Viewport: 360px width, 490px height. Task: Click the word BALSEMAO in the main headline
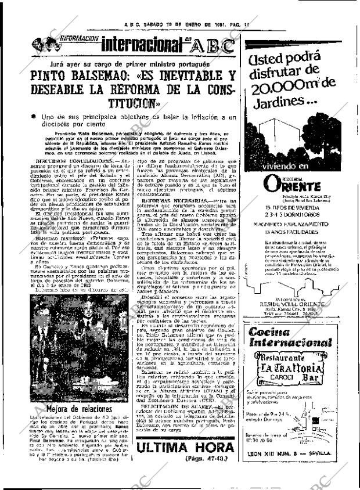click(108, 76)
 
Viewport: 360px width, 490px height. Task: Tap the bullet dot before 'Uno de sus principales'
click(33, 117)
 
